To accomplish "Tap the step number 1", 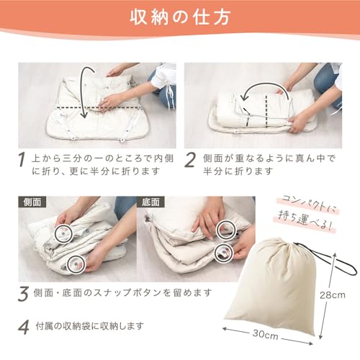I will tap(23, 158).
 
